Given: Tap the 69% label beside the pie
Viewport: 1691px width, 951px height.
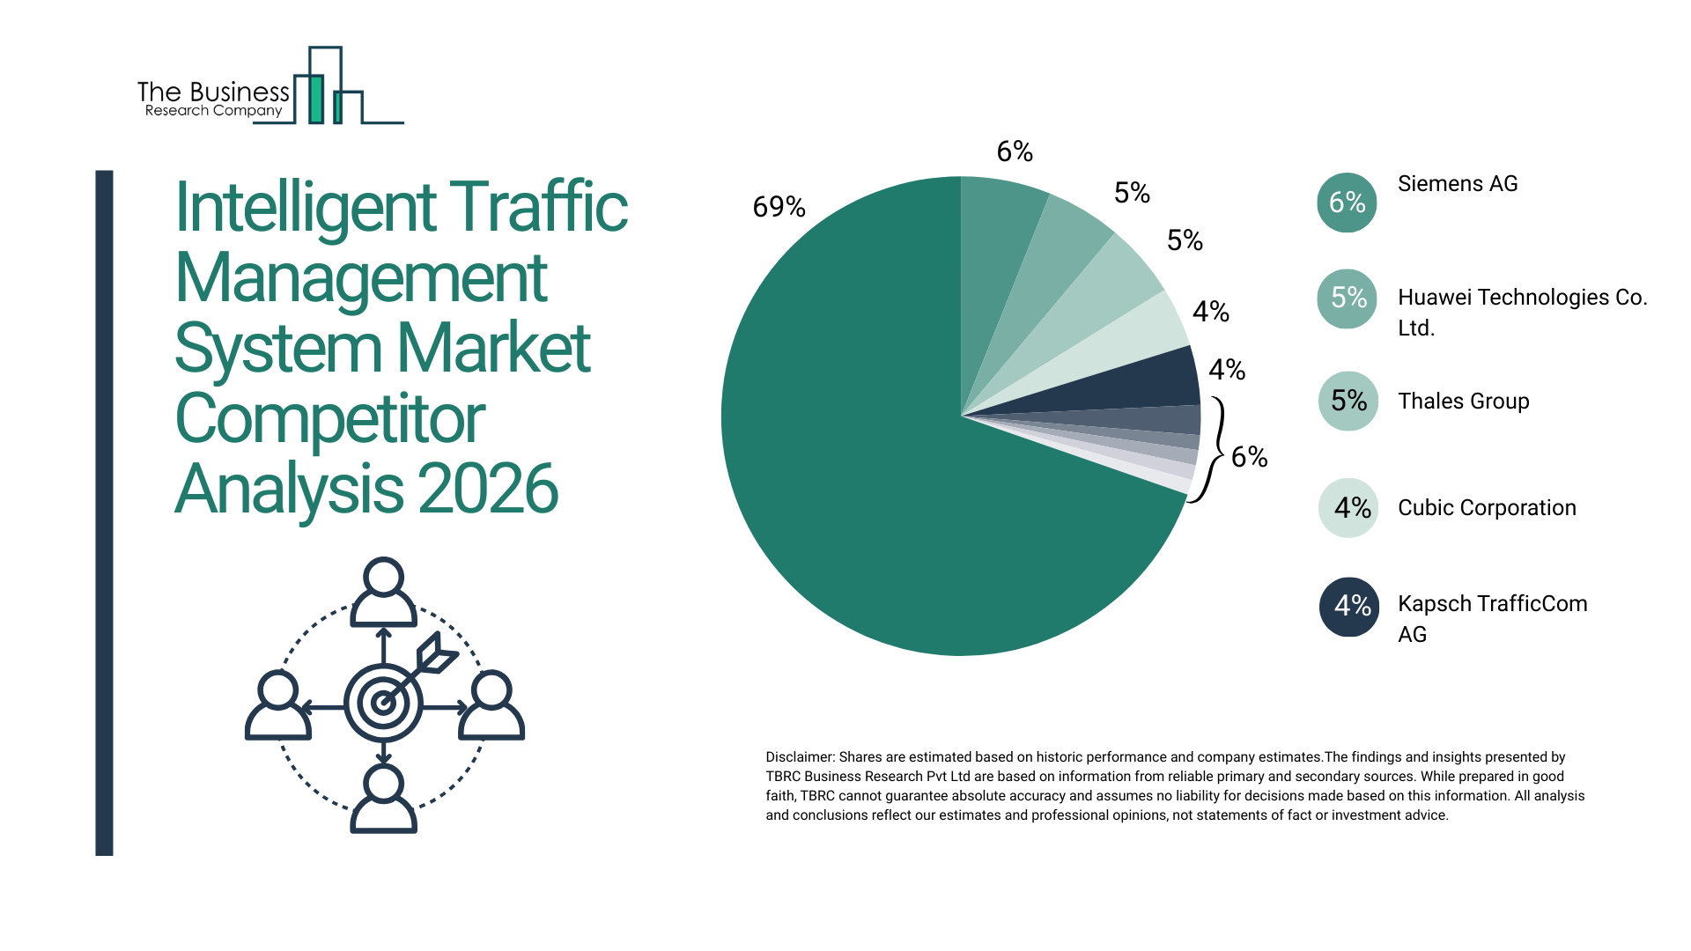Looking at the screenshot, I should pyautogui.click(x=779, y=207).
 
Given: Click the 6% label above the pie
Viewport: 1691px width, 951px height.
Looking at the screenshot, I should pyautogui.click(x=1015, y=151).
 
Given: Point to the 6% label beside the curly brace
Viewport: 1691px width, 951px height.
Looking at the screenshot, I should pyautogui.click(x=1249, y=456).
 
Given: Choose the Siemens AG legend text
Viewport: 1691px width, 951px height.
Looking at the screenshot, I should pyautogui.click(x=1458, y=184).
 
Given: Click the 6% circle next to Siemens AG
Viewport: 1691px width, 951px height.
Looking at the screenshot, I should pyautogui.click(x=1347, y=203).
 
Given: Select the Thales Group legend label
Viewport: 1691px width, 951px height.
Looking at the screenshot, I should pyautogui.click(x=1463, y=402).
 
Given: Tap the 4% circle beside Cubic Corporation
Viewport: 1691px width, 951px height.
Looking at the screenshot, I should pyautogui.click(x=1348, y=508).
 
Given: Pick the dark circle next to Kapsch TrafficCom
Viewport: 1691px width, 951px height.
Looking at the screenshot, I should pyautogui.click(x=1348, y=607).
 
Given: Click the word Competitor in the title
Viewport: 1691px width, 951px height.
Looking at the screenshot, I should pyautogui.click(x=330, y=419).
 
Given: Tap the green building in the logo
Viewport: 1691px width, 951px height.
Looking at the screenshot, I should pyautogui.click(x=316, y=99).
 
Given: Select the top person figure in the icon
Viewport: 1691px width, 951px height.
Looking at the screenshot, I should pyautogui.click(x=383, y=592).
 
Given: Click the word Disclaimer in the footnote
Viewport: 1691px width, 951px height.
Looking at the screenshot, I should pyautogui.click(x=799, y=757).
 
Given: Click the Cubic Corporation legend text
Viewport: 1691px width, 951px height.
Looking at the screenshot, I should pyautogui.click(x=1487, y=508).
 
